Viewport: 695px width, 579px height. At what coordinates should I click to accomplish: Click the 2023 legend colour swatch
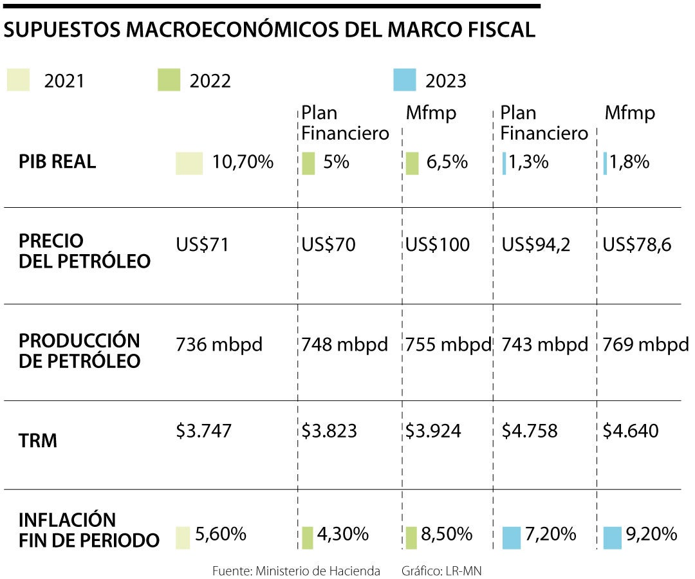pyautogui.click(x=403, y=81)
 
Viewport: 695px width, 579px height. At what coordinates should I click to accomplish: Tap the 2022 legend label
pyautogui.click(x=210, y=82)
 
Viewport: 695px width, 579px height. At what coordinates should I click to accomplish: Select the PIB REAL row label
pyautogui.click(x=57, y=162)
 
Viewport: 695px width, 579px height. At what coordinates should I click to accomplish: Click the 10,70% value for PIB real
pyautogui.click(x=243, y=162)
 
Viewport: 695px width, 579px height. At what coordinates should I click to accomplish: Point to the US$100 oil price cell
pyautogui.click(x=438, y=245)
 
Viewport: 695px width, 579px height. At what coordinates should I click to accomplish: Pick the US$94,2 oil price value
pyautogui.click(x=535, y=245)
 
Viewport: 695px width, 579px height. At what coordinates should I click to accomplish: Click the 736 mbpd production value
pyautogui.click(x=219, y=345)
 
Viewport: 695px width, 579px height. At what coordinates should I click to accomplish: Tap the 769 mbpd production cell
pyautogui.click(x=645, y=345)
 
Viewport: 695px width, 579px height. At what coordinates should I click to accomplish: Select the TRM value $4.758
pyautogui.click(x=530, y=430)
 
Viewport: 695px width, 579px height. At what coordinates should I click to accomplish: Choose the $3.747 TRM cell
pyautogui.click(x=203, y=430)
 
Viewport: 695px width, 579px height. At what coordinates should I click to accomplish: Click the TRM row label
pyautogui.click(x=38, y=441)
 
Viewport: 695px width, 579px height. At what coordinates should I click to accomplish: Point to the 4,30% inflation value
pyautogui.click(x=343, y=533)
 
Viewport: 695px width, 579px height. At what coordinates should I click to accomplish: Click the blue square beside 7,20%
pyautogui.click(x=511, y=537)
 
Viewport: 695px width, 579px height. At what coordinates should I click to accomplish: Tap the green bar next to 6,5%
pyautogui.click(x=412, y=163)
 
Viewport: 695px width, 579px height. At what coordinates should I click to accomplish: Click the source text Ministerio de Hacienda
pyautogui.click(x=318, y=571)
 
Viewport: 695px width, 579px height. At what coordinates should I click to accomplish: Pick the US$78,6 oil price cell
pyautogui.click(x=637, y=245)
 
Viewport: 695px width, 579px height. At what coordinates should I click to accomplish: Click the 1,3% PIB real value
pyautogui.click(x=528, y=162)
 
